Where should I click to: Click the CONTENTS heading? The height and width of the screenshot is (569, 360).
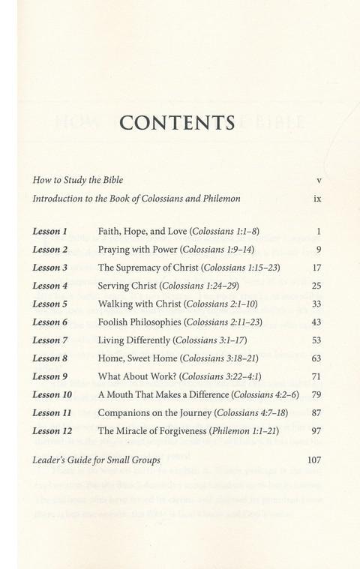[179, 123]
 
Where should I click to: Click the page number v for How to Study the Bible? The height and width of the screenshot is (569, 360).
[319, 181]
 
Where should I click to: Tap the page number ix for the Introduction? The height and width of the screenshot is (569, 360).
[318, 200]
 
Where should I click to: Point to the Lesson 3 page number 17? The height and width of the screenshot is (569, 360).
[316, 268]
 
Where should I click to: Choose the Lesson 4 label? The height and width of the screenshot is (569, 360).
[50, 286]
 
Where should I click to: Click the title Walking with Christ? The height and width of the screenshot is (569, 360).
[141, 304]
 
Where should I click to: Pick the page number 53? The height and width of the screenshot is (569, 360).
[316, 341]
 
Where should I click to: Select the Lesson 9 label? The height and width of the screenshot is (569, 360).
[50, 377]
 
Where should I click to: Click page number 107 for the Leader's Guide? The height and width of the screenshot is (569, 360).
[314, 460]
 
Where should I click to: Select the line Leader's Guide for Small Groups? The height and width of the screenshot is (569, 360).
[97, 460]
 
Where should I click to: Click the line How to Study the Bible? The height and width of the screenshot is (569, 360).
[78, 181]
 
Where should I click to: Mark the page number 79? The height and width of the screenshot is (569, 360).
[316, 395]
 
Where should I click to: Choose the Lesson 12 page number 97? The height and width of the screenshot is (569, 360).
[316, 432]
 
